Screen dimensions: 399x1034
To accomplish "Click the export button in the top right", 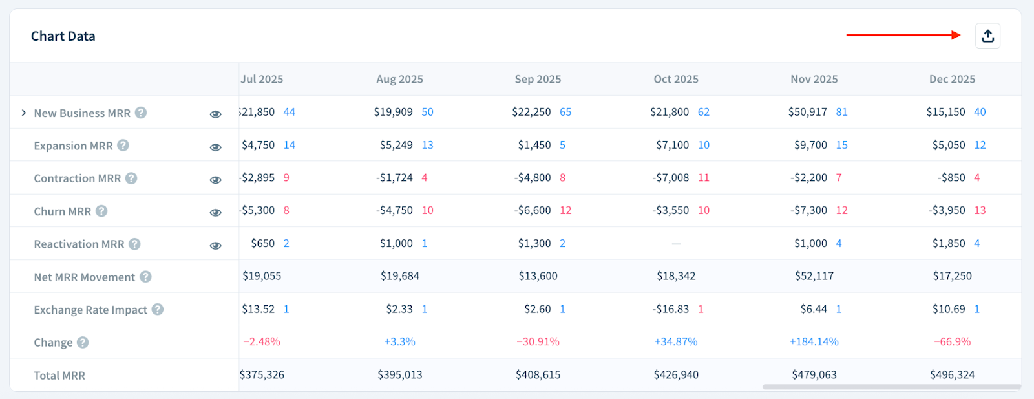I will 987,36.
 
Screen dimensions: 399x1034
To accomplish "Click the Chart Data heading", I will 63,37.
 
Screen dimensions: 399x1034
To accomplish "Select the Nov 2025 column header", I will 814,80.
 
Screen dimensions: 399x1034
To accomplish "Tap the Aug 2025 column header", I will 399,80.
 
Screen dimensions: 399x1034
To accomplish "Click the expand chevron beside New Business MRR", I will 24,113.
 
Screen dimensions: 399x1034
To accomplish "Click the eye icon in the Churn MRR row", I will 216,212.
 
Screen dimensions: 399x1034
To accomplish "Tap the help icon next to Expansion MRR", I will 123,146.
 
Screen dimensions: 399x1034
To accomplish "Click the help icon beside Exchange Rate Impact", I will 158,310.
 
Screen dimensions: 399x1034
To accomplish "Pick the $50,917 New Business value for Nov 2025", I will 807,112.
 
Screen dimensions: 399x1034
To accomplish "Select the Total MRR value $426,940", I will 676,375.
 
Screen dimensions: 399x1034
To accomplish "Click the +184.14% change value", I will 814,342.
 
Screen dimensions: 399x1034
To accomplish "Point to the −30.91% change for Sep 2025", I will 538,342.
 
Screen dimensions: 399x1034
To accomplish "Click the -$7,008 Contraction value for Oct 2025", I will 670,178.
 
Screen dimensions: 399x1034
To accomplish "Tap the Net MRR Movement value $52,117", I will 814,276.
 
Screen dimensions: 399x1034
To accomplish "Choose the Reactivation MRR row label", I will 79,244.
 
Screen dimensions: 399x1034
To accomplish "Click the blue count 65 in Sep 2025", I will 565,112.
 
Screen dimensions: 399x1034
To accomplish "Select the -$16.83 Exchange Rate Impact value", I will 670,309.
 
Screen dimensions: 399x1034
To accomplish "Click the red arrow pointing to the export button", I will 903,35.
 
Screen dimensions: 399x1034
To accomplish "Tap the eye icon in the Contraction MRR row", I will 216,180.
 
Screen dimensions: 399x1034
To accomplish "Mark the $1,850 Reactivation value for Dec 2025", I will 948,244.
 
